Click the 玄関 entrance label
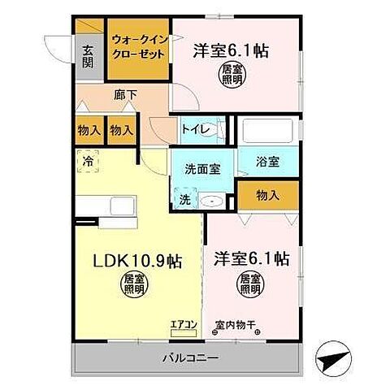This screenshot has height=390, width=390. click(x=88, y=54)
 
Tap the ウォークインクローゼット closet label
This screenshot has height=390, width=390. click(x=140, y=46)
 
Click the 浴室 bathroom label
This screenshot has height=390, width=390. click(x=269, y=161)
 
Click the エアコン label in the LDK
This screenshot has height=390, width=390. click(x=184, y=325)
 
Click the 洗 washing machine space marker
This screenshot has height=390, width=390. click(x=184, y=198)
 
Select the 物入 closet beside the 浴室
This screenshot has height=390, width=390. click(x=267, y=194)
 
